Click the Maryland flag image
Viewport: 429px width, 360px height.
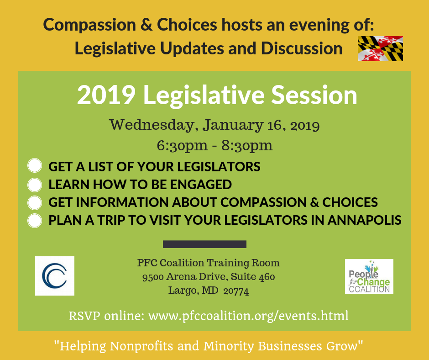380,48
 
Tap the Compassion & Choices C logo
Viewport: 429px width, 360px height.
55,276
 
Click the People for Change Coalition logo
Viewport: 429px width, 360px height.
369,276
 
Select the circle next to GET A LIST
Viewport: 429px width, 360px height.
35,165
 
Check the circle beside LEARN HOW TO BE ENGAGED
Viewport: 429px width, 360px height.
35,185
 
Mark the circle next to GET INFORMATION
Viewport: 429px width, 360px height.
35,203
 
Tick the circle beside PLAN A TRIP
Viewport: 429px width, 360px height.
35,221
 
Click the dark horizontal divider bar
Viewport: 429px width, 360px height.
204,244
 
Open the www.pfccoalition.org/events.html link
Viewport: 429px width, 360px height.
248,316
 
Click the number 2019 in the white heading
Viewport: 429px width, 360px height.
106,95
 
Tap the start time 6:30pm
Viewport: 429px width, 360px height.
182,145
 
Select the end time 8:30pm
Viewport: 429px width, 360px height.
247,145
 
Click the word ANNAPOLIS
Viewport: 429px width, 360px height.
365,220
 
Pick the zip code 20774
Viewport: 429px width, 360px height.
236,291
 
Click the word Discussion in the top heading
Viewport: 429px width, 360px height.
302,48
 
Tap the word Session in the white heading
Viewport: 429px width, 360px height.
314,95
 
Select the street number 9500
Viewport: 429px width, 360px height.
153,277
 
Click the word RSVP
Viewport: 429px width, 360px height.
84,316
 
